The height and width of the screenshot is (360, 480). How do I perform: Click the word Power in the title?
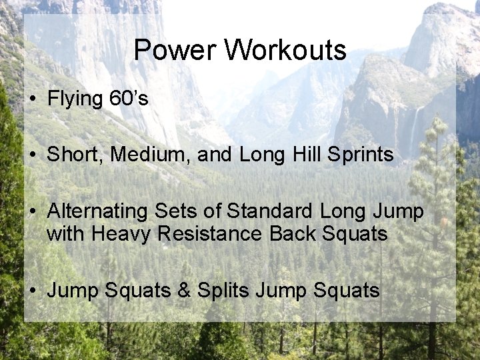(x=175, y=50)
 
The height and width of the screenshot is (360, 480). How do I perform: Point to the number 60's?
(x=127, y=99)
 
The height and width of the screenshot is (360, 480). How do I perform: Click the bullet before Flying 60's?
(x=33, y=99)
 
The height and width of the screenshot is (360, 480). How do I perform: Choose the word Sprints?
(x=361, y=155)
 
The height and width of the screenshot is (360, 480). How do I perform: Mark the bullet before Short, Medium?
(x=33, y=155)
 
